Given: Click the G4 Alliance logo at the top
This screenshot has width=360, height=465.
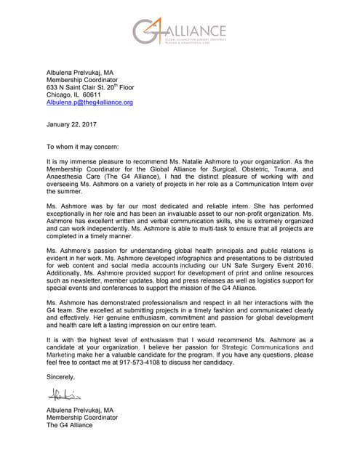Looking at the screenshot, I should click(x=180, y=32).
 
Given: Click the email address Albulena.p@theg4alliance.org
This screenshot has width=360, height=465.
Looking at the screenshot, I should click(x=89, y=103).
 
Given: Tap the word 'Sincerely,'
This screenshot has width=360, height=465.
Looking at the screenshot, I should click(x=60, y=377).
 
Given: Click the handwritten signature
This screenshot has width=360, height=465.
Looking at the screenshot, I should click(x=63, y=395).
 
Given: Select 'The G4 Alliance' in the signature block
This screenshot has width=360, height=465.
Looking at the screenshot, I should click(x=69, y=426).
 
